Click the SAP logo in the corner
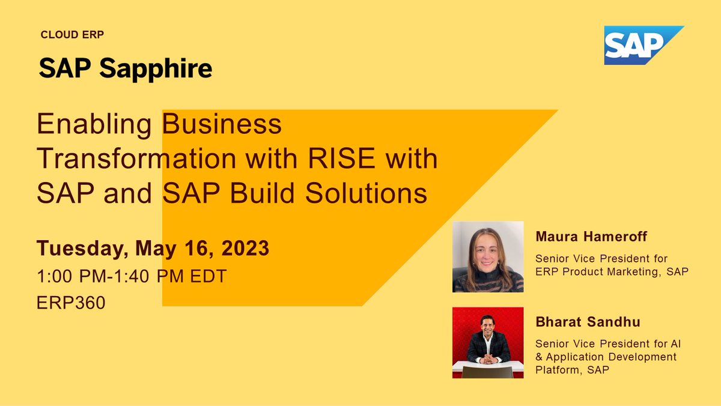point(637,45)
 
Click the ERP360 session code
point(71,303)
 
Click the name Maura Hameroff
point(591,237)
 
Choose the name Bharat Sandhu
point(588,323)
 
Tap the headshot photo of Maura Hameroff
point(487,256)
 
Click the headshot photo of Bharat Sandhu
point(487,342)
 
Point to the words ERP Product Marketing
point(601,271)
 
